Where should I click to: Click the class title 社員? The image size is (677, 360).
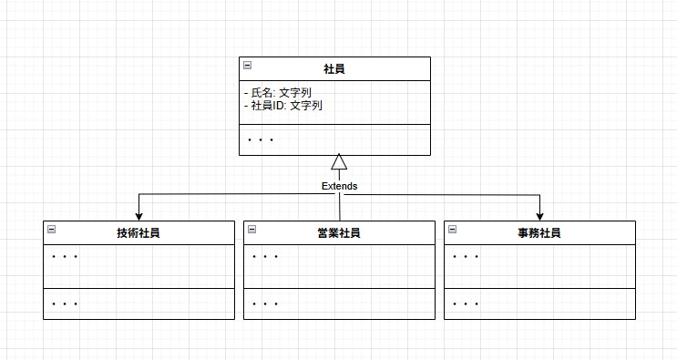(x=334, y=68)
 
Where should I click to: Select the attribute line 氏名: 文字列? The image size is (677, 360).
(x=283, y=93)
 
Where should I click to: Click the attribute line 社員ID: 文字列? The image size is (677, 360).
(x=284, y=106)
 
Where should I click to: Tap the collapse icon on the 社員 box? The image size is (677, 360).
(x=248, y=66)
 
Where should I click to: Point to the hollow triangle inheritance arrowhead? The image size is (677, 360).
(x=339, y=162)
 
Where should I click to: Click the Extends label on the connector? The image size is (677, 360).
(x=339, y=186)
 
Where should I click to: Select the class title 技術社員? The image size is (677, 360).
(x=138, y=232)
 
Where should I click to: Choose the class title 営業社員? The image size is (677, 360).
(x=339, y=232)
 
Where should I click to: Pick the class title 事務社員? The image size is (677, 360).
(x=539, y=232)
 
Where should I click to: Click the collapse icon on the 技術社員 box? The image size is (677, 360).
(x=52, y=230)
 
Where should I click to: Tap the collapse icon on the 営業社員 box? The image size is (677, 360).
(x=252, y=230)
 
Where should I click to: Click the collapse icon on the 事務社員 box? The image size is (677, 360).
(x=453, y=230)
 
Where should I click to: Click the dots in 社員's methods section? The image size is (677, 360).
(x=261, y=140)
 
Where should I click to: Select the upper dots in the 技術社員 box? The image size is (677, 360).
(x=65, y=257)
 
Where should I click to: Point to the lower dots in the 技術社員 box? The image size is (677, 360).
(x=65, y=303)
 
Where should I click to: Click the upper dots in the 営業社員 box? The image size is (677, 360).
(x=265, y=257)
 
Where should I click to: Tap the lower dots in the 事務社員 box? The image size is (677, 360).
(x=466, y=303)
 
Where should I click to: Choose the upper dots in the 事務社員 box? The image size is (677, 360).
(x=466, y=257)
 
